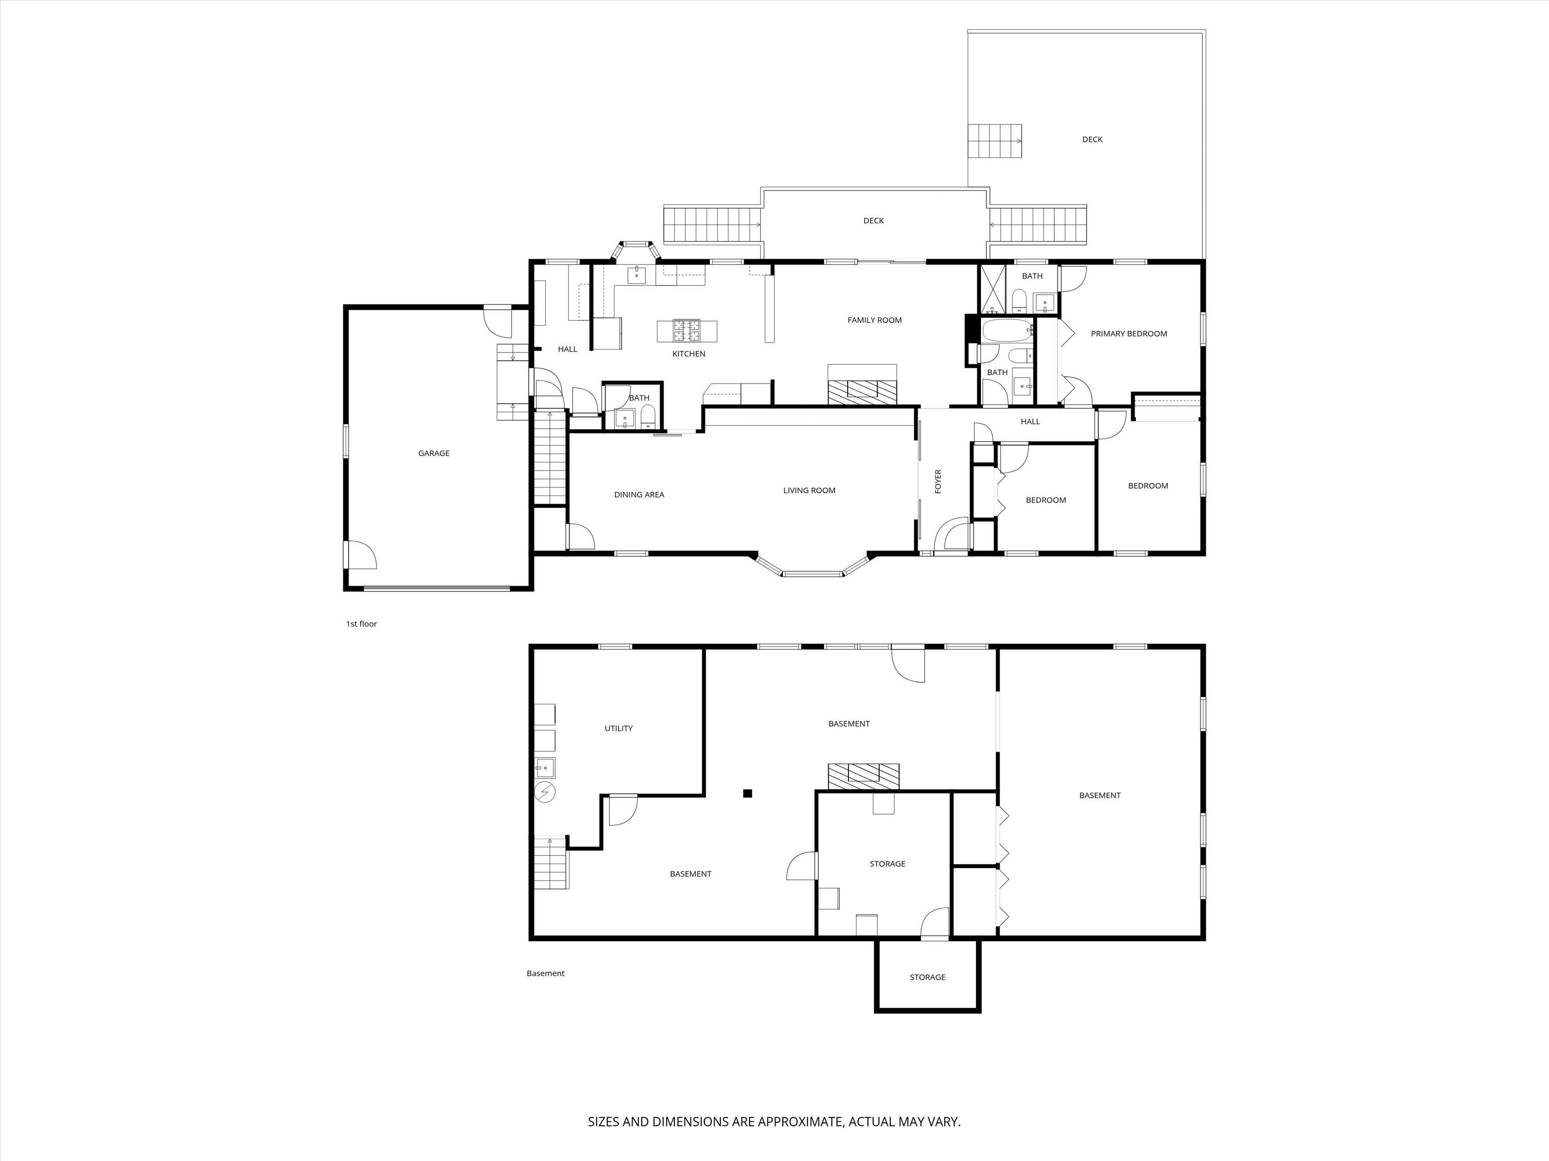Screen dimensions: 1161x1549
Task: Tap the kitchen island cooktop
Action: click(687, 330)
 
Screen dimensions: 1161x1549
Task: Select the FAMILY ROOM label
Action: click(874, 320)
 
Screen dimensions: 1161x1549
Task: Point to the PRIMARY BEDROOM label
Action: click(1128, 334)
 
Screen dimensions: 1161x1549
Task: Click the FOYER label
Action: click(938, 481)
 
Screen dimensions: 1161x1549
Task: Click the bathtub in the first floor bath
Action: click(1007, 330)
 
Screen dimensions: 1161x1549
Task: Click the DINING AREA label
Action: click(639, 495)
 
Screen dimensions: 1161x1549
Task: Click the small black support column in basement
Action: click(747, 793)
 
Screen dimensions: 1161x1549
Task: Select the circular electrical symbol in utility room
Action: click(544, 792)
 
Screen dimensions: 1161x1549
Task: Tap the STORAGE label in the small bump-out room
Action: click(927, 977)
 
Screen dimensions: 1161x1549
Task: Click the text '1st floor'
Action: click(361, 623)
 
